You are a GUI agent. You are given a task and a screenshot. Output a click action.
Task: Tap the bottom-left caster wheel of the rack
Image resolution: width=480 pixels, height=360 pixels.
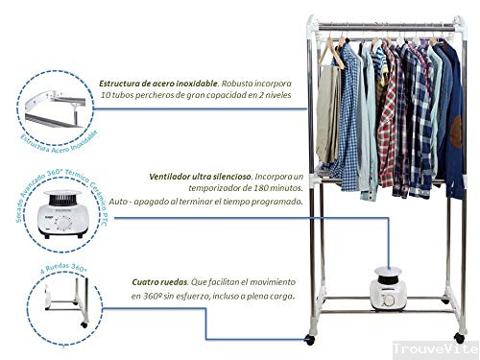point(311,338)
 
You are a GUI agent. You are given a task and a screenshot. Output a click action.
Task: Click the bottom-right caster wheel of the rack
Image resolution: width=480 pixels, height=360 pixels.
point(459,337)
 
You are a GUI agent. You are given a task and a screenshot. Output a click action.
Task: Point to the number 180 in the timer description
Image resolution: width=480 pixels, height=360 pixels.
point(247,190)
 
